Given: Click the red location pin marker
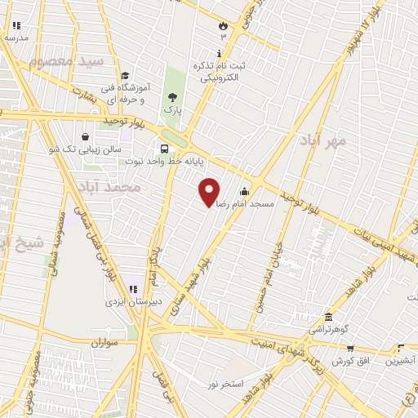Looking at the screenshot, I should coord(210,191).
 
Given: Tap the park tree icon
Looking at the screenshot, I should coord(171,96).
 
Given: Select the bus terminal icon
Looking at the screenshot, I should coord(165,149).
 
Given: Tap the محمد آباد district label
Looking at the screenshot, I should coord(112,187).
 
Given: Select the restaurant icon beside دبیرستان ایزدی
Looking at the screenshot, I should coord(133,288).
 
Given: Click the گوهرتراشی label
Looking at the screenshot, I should coord(327,328).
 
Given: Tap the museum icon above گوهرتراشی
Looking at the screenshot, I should coord(327,317).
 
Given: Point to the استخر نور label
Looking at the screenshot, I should coord(226,383).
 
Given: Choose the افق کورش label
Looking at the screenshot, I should coord(354,360).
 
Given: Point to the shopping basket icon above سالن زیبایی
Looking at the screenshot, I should coord(86,137).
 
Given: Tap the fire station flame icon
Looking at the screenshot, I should coord(222,26).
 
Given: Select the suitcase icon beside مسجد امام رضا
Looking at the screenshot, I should coord(243,191).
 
